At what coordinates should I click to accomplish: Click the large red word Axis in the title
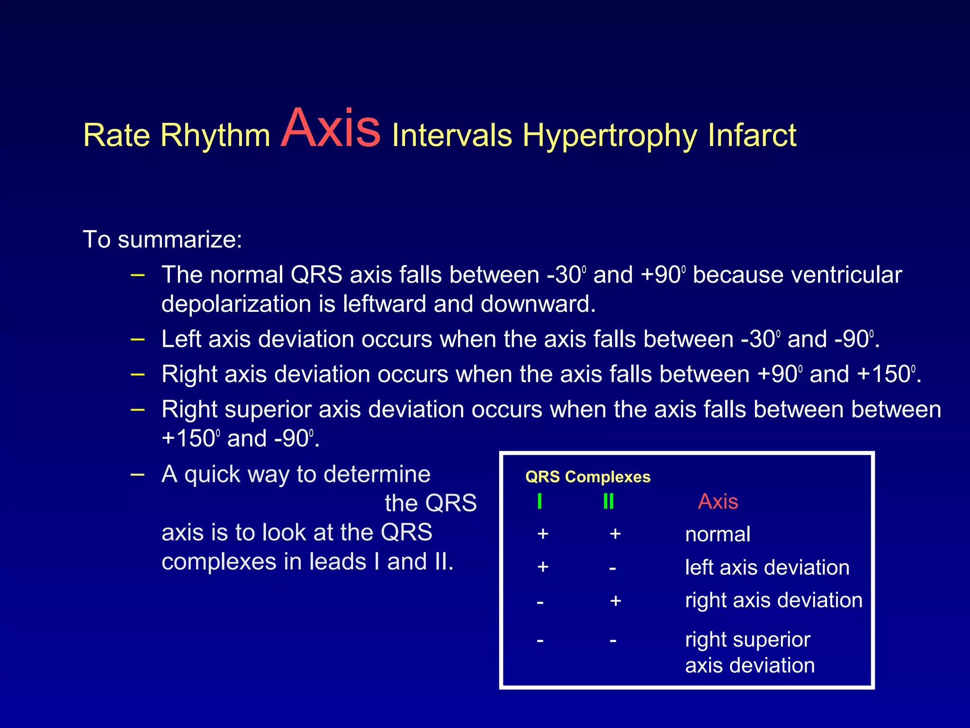[330, 129]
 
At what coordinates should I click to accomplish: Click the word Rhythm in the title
[215, 136]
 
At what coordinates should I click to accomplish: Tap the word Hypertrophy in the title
[610, 136]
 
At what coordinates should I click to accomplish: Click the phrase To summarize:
[162, 239]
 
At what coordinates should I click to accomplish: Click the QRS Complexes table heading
[587, 477]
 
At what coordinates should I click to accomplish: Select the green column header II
[608, 501]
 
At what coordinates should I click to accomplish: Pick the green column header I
[539, 501]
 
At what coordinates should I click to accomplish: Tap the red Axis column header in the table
[718, 501]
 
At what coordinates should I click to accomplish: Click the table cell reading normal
[717, 535]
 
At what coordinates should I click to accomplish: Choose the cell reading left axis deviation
[767, 567]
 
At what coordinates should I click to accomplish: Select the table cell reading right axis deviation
[773, 601]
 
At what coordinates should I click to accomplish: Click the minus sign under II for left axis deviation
[612, 568]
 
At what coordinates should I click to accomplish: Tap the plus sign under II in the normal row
[615, 534]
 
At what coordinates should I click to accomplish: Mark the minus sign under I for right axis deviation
[540, 602]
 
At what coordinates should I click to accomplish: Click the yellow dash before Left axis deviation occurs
[137, 339]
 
